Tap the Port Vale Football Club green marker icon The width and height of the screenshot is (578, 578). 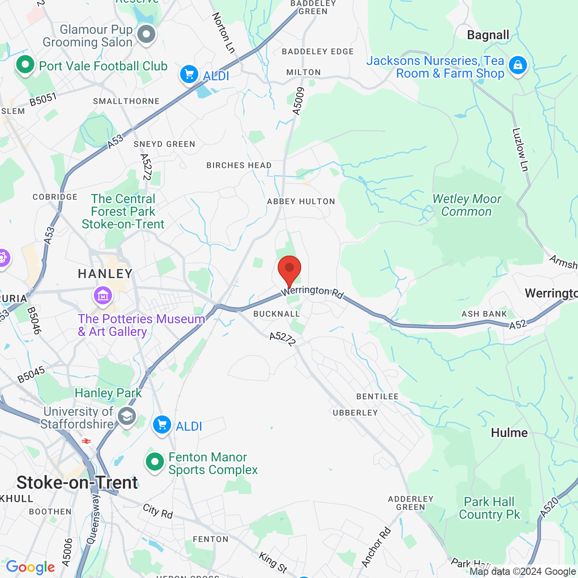(25, 65)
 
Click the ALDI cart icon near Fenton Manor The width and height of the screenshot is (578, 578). (162, 425)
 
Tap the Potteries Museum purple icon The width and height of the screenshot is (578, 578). (103, 296)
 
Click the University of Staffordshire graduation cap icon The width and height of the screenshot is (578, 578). (127, 416)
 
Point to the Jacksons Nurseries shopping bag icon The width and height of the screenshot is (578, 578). (517, 65)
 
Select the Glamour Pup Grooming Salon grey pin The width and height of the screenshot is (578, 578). (146, 34)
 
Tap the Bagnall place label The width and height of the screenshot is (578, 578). (488, 35)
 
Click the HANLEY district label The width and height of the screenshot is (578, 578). (105, 274)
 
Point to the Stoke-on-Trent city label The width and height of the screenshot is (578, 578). (77, 483)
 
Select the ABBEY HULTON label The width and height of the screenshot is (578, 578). (301, 201)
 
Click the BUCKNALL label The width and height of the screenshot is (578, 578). (276, 314)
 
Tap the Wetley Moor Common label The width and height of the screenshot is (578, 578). (467, 205)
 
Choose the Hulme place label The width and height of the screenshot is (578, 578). (509, 433)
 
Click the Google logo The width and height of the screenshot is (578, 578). (30, 567)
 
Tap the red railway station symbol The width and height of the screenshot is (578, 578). (86, 441)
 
